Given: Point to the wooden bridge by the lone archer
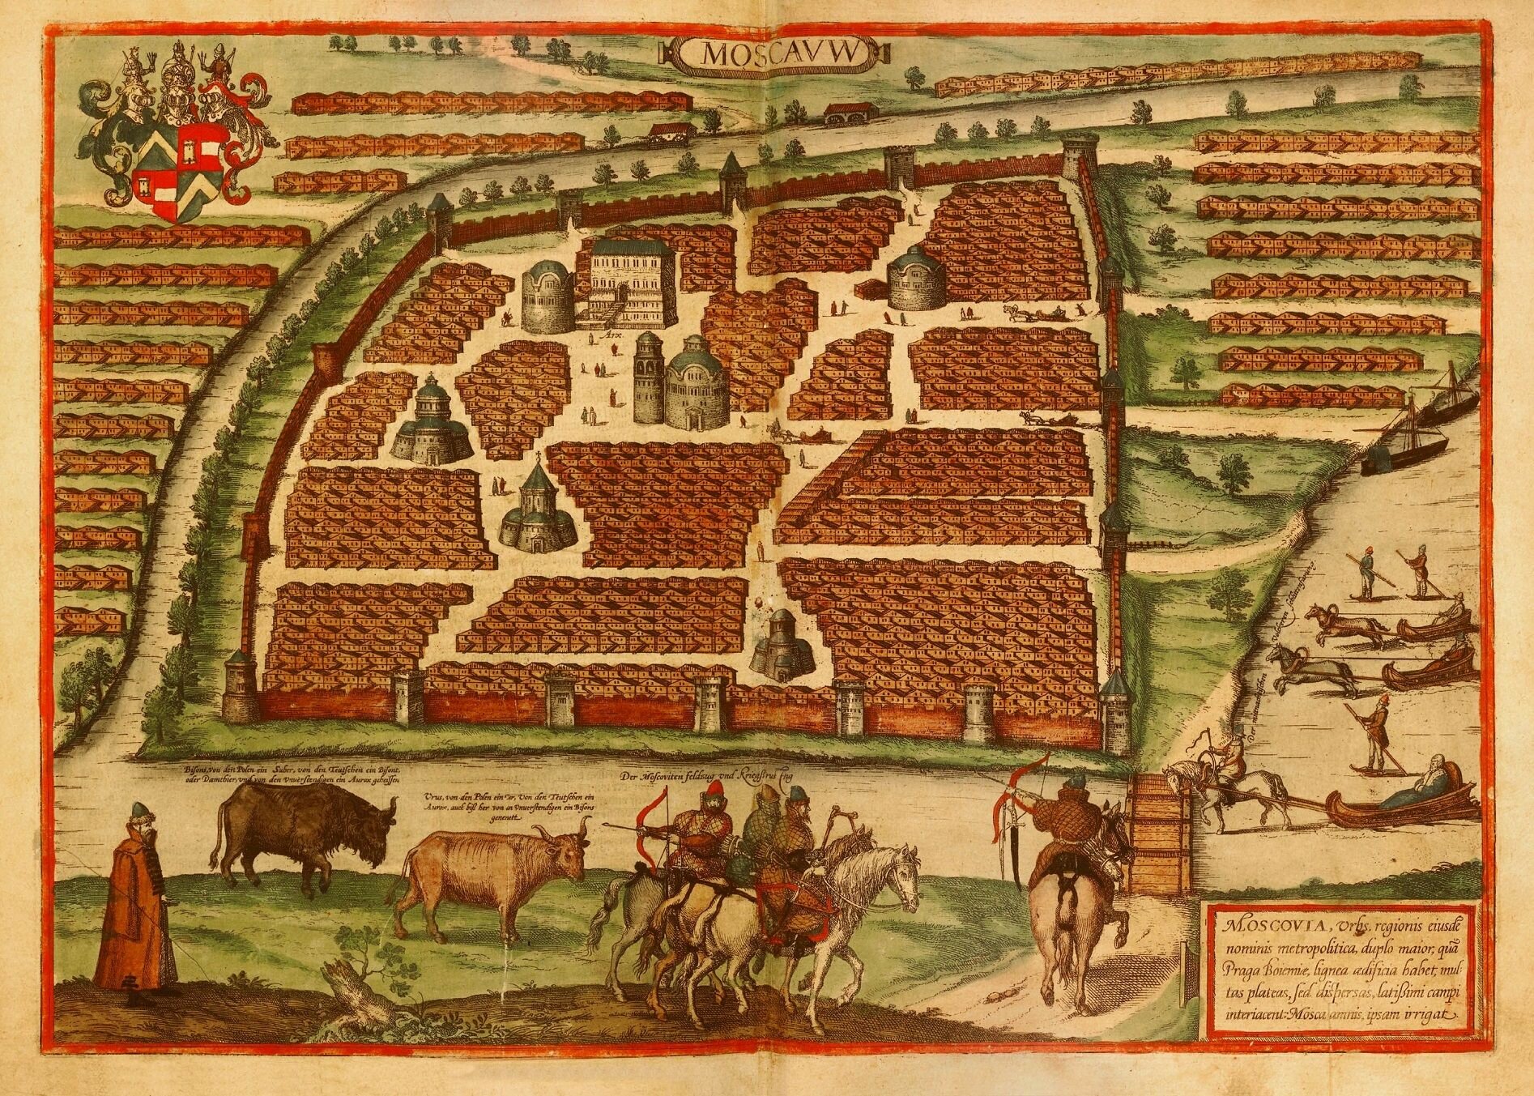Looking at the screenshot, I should click(1161, 837).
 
